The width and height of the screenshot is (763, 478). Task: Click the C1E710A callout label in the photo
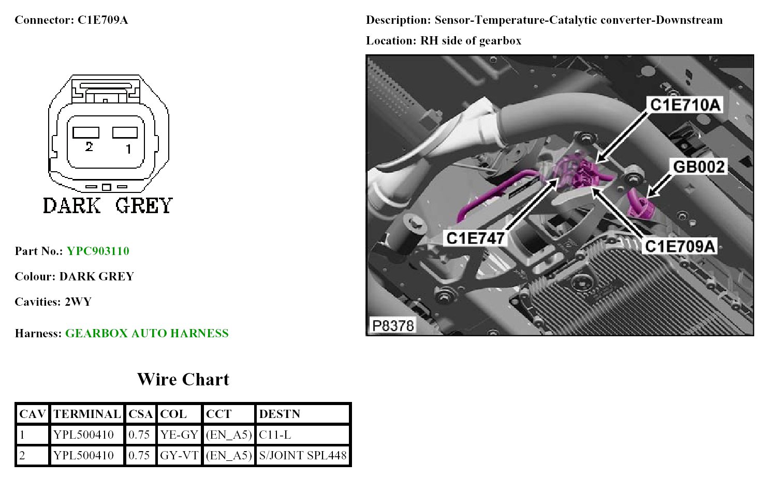(x=684, y=105)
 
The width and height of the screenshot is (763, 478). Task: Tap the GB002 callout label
(x=698, y=167)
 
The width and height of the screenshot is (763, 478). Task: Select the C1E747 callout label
(x=475, y=238)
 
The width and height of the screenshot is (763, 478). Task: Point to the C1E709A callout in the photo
(x=680, y=246)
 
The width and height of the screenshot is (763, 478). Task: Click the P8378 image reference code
(x=393, y=325)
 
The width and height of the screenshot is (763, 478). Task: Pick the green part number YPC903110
(x=98, y=251)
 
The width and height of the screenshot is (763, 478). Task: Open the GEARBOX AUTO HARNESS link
(x=146, y=333)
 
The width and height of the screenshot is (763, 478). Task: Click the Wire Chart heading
(x=183, y=379)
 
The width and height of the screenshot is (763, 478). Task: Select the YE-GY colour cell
(x=179, y=435)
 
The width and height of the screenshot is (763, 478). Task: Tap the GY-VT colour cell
(x=179, y=455)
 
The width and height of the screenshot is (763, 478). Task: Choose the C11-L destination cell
(x=275, y=435)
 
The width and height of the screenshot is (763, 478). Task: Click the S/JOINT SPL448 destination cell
(x=302, y=455)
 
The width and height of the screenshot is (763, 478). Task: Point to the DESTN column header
(x=280, y=414)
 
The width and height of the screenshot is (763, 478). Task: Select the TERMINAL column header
(x=87, y=414)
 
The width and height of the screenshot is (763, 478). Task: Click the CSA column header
(x=140, y=414)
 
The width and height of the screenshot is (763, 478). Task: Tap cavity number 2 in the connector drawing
(x=89, y=147)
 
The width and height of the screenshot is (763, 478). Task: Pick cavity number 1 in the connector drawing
(x=128, y=149)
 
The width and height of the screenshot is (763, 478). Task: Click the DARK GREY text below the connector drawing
(x=108, y=205)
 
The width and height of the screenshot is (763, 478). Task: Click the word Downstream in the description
(x=690, y=20)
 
